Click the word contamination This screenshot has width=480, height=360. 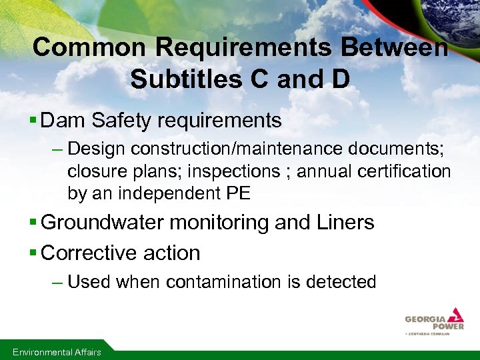225,282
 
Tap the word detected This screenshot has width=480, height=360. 341,282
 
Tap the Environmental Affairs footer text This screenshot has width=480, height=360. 57,352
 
